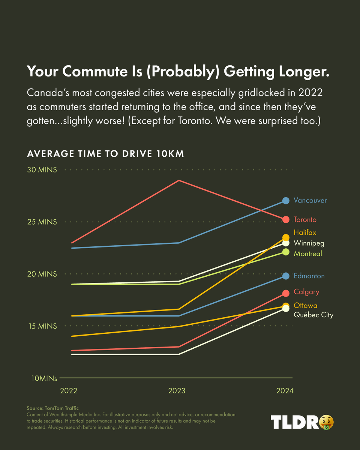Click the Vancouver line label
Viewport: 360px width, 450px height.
[x=310, y=200]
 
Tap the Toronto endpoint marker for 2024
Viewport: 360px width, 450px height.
[x=286, y=219]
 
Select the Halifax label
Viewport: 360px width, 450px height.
[x=305, y=233]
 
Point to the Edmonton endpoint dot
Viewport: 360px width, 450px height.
[x=286, y=276]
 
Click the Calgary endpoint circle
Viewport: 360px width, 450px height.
[x=286, y=293]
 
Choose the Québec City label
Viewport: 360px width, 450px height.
[x=313, y=315]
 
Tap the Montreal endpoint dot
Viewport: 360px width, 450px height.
[x=286, y=252]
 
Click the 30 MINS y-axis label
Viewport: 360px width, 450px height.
[x=42, y=170]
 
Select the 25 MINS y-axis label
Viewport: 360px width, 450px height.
[x=42, y=222]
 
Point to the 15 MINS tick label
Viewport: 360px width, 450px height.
[x=42, y=326]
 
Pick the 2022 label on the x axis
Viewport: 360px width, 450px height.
[x=69, y=391]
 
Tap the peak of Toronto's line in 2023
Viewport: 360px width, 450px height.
[x=179, y=180]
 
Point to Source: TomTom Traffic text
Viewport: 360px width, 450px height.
[x=52, y=408]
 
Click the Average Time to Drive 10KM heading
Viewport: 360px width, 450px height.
[x=105, y=154]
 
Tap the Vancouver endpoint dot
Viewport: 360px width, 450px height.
[x=286, y=201]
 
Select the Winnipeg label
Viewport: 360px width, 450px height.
[x=309, y=243]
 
